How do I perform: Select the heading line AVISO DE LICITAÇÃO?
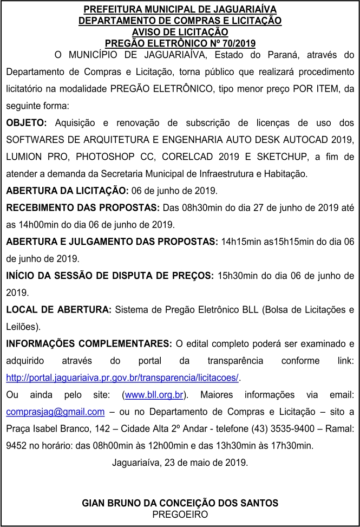pos(180,31)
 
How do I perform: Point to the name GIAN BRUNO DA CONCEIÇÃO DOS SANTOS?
pos(180,503)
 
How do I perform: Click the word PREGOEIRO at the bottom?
pos(180,514)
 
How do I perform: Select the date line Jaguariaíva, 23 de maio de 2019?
pos(180,463)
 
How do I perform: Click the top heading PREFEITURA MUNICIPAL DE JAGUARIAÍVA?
pos(180,10)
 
